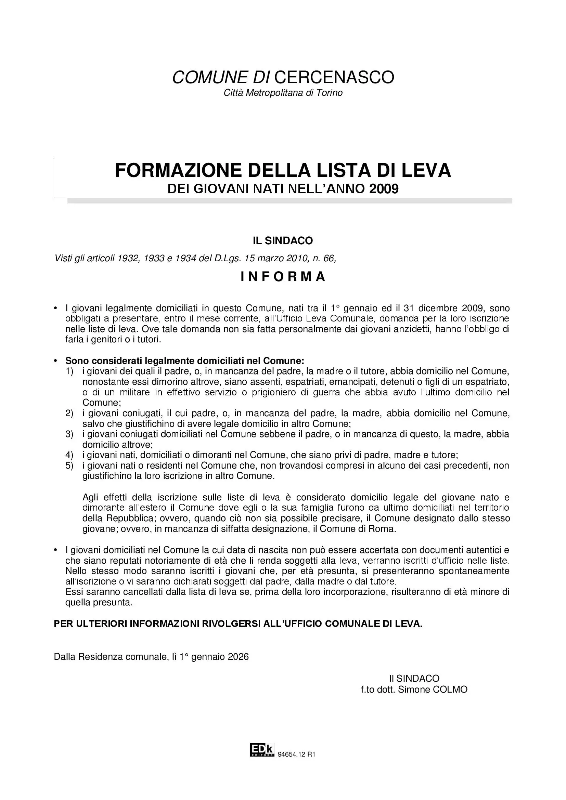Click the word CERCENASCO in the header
point(334,77)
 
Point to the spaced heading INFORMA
point(283,277)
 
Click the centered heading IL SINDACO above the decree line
point(283,240)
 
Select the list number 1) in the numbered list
point(69,371)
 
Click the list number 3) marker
point(69,434)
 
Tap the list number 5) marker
point(69,465)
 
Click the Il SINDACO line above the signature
point(414,678)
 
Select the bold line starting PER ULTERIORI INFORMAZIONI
point(238,624)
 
